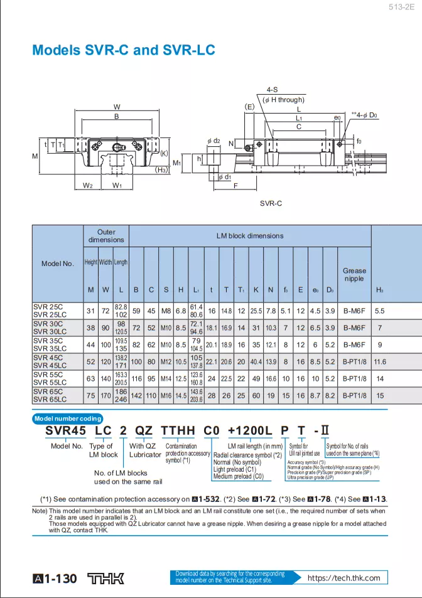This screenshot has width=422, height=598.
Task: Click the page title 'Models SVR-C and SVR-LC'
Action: (x=124, y=50)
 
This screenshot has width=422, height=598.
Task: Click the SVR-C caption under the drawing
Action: (x=271, y=203)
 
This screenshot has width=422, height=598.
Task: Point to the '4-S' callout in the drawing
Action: (x=273, y=90)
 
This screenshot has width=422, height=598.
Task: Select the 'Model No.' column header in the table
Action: (x=58, y=264)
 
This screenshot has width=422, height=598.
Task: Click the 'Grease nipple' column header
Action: (x=354, y=274)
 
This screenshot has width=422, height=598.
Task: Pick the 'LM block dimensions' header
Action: (x=250, y=236)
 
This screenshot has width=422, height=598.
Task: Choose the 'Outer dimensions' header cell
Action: (x=106, y=236)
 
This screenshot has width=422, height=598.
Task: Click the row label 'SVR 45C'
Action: (x=48, y=358)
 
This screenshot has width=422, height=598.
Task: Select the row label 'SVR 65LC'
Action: (x=50, y=399)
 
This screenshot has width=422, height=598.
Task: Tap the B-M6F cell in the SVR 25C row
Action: (x=354, y=311)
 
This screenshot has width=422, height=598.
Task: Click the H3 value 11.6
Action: (x=380, y=362)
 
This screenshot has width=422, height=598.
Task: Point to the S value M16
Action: (x=166, y=395)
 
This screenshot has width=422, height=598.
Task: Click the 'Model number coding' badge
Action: (x=68, y=419)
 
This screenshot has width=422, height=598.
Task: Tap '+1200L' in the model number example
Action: (x=249, y=432)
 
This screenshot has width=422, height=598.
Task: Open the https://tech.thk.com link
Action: (x=344, y=578)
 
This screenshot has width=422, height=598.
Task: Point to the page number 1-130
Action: (x=55, y=578)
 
